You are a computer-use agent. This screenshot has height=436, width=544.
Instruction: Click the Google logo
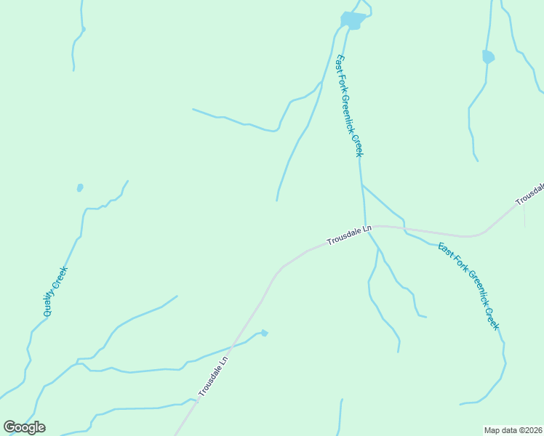24,427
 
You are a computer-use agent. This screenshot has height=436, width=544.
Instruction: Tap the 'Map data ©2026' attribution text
513,430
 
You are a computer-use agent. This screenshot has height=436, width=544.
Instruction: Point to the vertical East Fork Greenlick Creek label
348,106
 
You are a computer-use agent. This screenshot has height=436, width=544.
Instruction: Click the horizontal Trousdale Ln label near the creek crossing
349,235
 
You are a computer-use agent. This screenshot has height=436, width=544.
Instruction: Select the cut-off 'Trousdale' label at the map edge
530,193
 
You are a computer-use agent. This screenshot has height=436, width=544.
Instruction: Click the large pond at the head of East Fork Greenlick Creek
352,20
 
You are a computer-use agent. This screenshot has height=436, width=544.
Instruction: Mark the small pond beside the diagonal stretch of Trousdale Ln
264,333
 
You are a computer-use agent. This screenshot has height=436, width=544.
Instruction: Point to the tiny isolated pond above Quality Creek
79,187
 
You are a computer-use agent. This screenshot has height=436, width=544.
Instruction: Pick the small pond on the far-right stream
488,56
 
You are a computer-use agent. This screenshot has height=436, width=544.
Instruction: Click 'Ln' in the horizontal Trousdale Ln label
367,229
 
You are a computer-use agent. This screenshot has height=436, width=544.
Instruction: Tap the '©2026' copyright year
529,430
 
